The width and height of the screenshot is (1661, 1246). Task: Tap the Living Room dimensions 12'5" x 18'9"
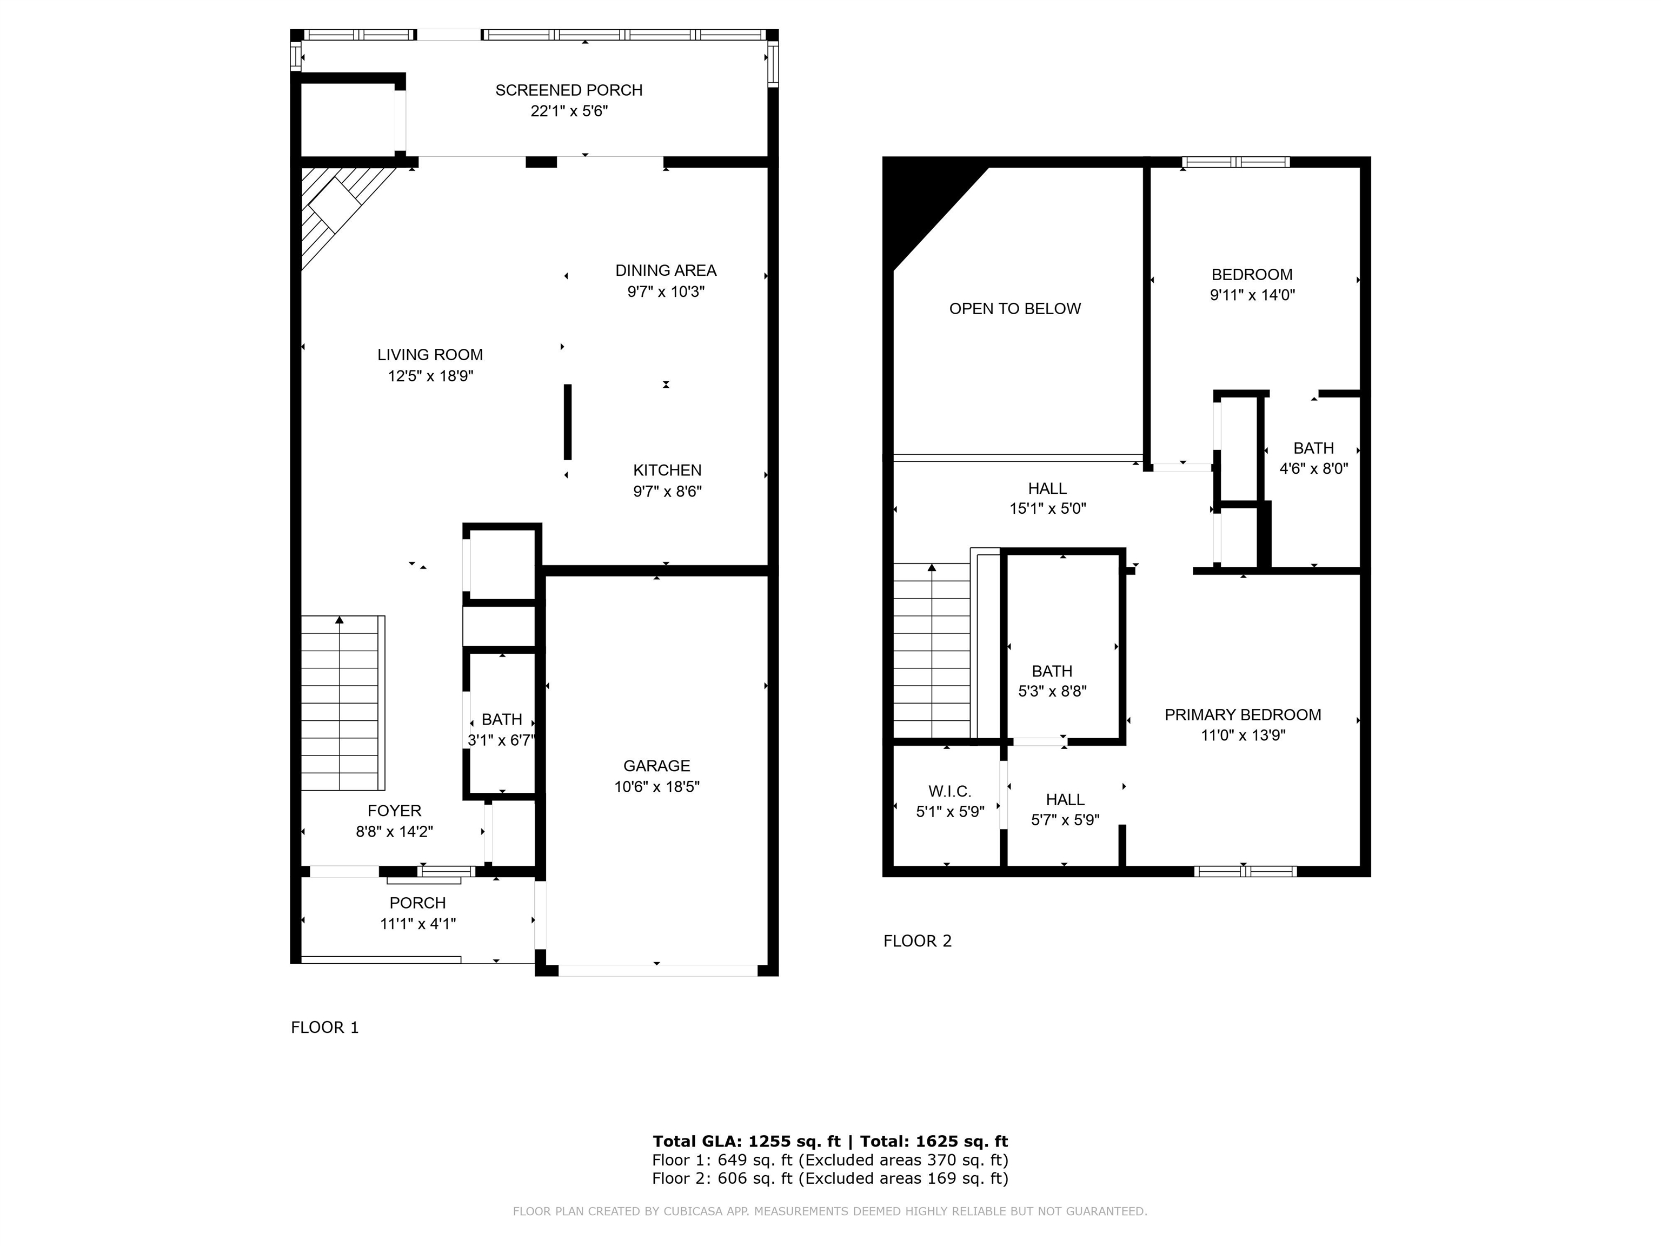pyautogui.click(x=430, y=375)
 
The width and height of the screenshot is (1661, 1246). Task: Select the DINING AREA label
pyautogui.click(x=666, y=270)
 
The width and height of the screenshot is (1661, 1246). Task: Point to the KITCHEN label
pyautogui.click(x=668, y=470)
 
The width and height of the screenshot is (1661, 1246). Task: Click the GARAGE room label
pyautogui.click(x=656, y=766)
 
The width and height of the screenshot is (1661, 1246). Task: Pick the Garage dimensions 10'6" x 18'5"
pyautogui.click(x=656, y=787)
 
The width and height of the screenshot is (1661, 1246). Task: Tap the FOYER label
pyautogui.click(x=394, y=811)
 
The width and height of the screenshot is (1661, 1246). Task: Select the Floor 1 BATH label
pyautogui.click(x=502, y=719)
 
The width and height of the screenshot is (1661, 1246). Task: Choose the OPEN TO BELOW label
pyautogui.click(x=1015, y=309)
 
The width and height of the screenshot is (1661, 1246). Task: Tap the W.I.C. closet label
pyautogui.click(x=950, y=792)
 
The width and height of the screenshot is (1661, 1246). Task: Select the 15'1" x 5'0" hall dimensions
pyautogui.click(x=1047, y=508)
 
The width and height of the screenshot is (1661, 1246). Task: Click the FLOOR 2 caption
pyautogui.click(x=918, y=941)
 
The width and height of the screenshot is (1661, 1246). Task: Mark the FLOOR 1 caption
pyautogui.click(x=325, y=1028)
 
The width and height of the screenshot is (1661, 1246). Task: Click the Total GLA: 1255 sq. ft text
pyautogui.click(x=746, y=1142)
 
